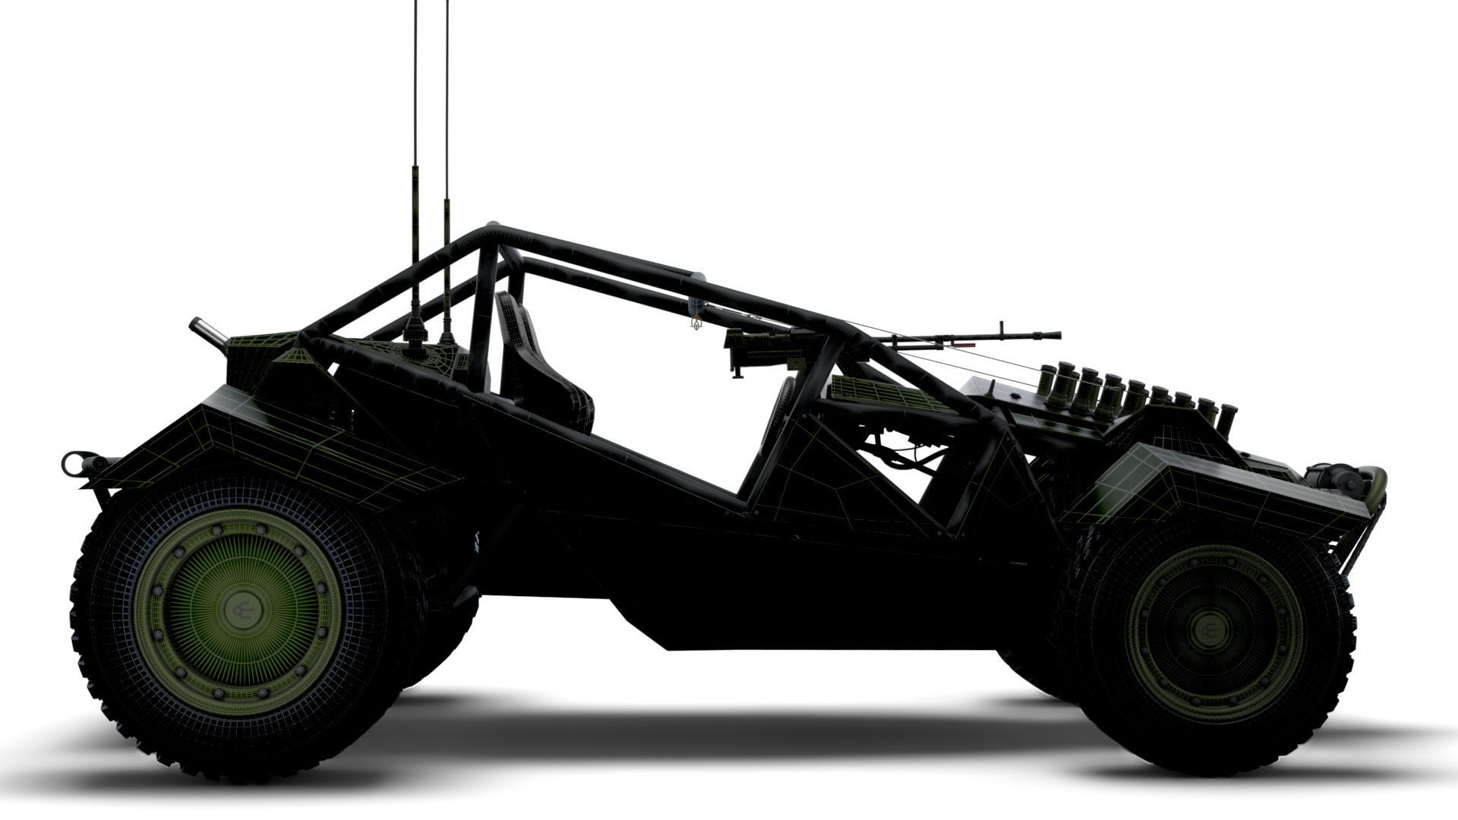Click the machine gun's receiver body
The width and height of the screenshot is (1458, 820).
759,342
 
